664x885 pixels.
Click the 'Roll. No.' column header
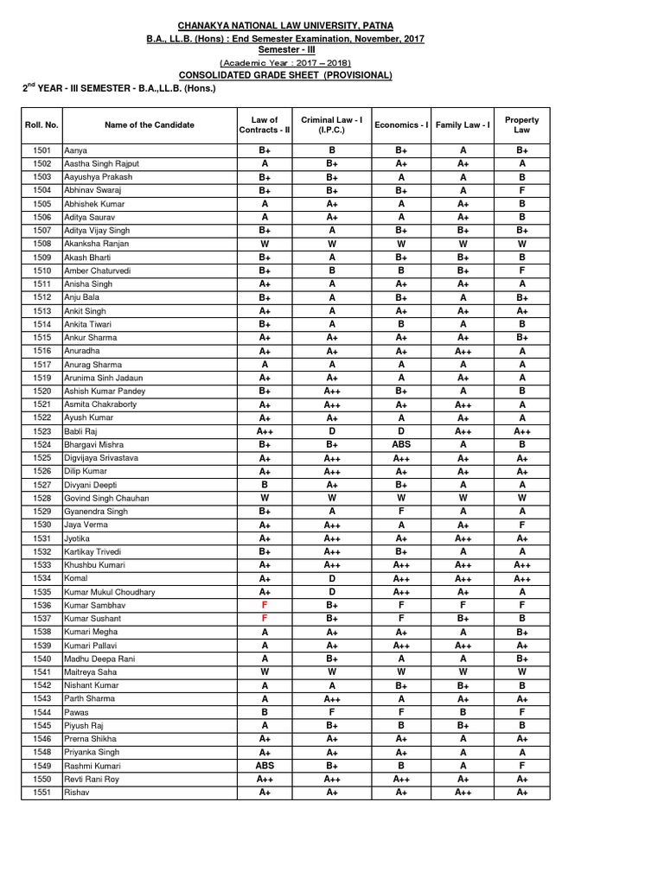(41, 125)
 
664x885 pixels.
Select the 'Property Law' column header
(522, 125)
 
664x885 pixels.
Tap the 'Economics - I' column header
(401, 125)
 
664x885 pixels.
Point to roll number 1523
(41, 430)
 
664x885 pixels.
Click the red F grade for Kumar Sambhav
(265, 605)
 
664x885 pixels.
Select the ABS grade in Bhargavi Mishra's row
(401, 444)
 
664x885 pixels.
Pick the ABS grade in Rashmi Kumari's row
(265, 766)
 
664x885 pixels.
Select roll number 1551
(41, 793)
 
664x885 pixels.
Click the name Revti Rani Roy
(92, 779)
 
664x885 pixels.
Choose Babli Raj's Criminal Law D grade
(332, 430)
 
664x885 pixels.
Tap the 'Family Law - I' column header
(463, 125)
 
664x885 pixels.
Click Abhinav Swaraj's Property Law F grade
(522, 190)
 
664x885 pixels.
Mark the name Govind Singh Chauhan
(106, 498)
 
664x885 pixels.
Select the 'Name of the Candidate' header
(150, 125)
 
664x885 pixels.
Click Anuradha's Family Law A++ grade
(463, 351)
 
